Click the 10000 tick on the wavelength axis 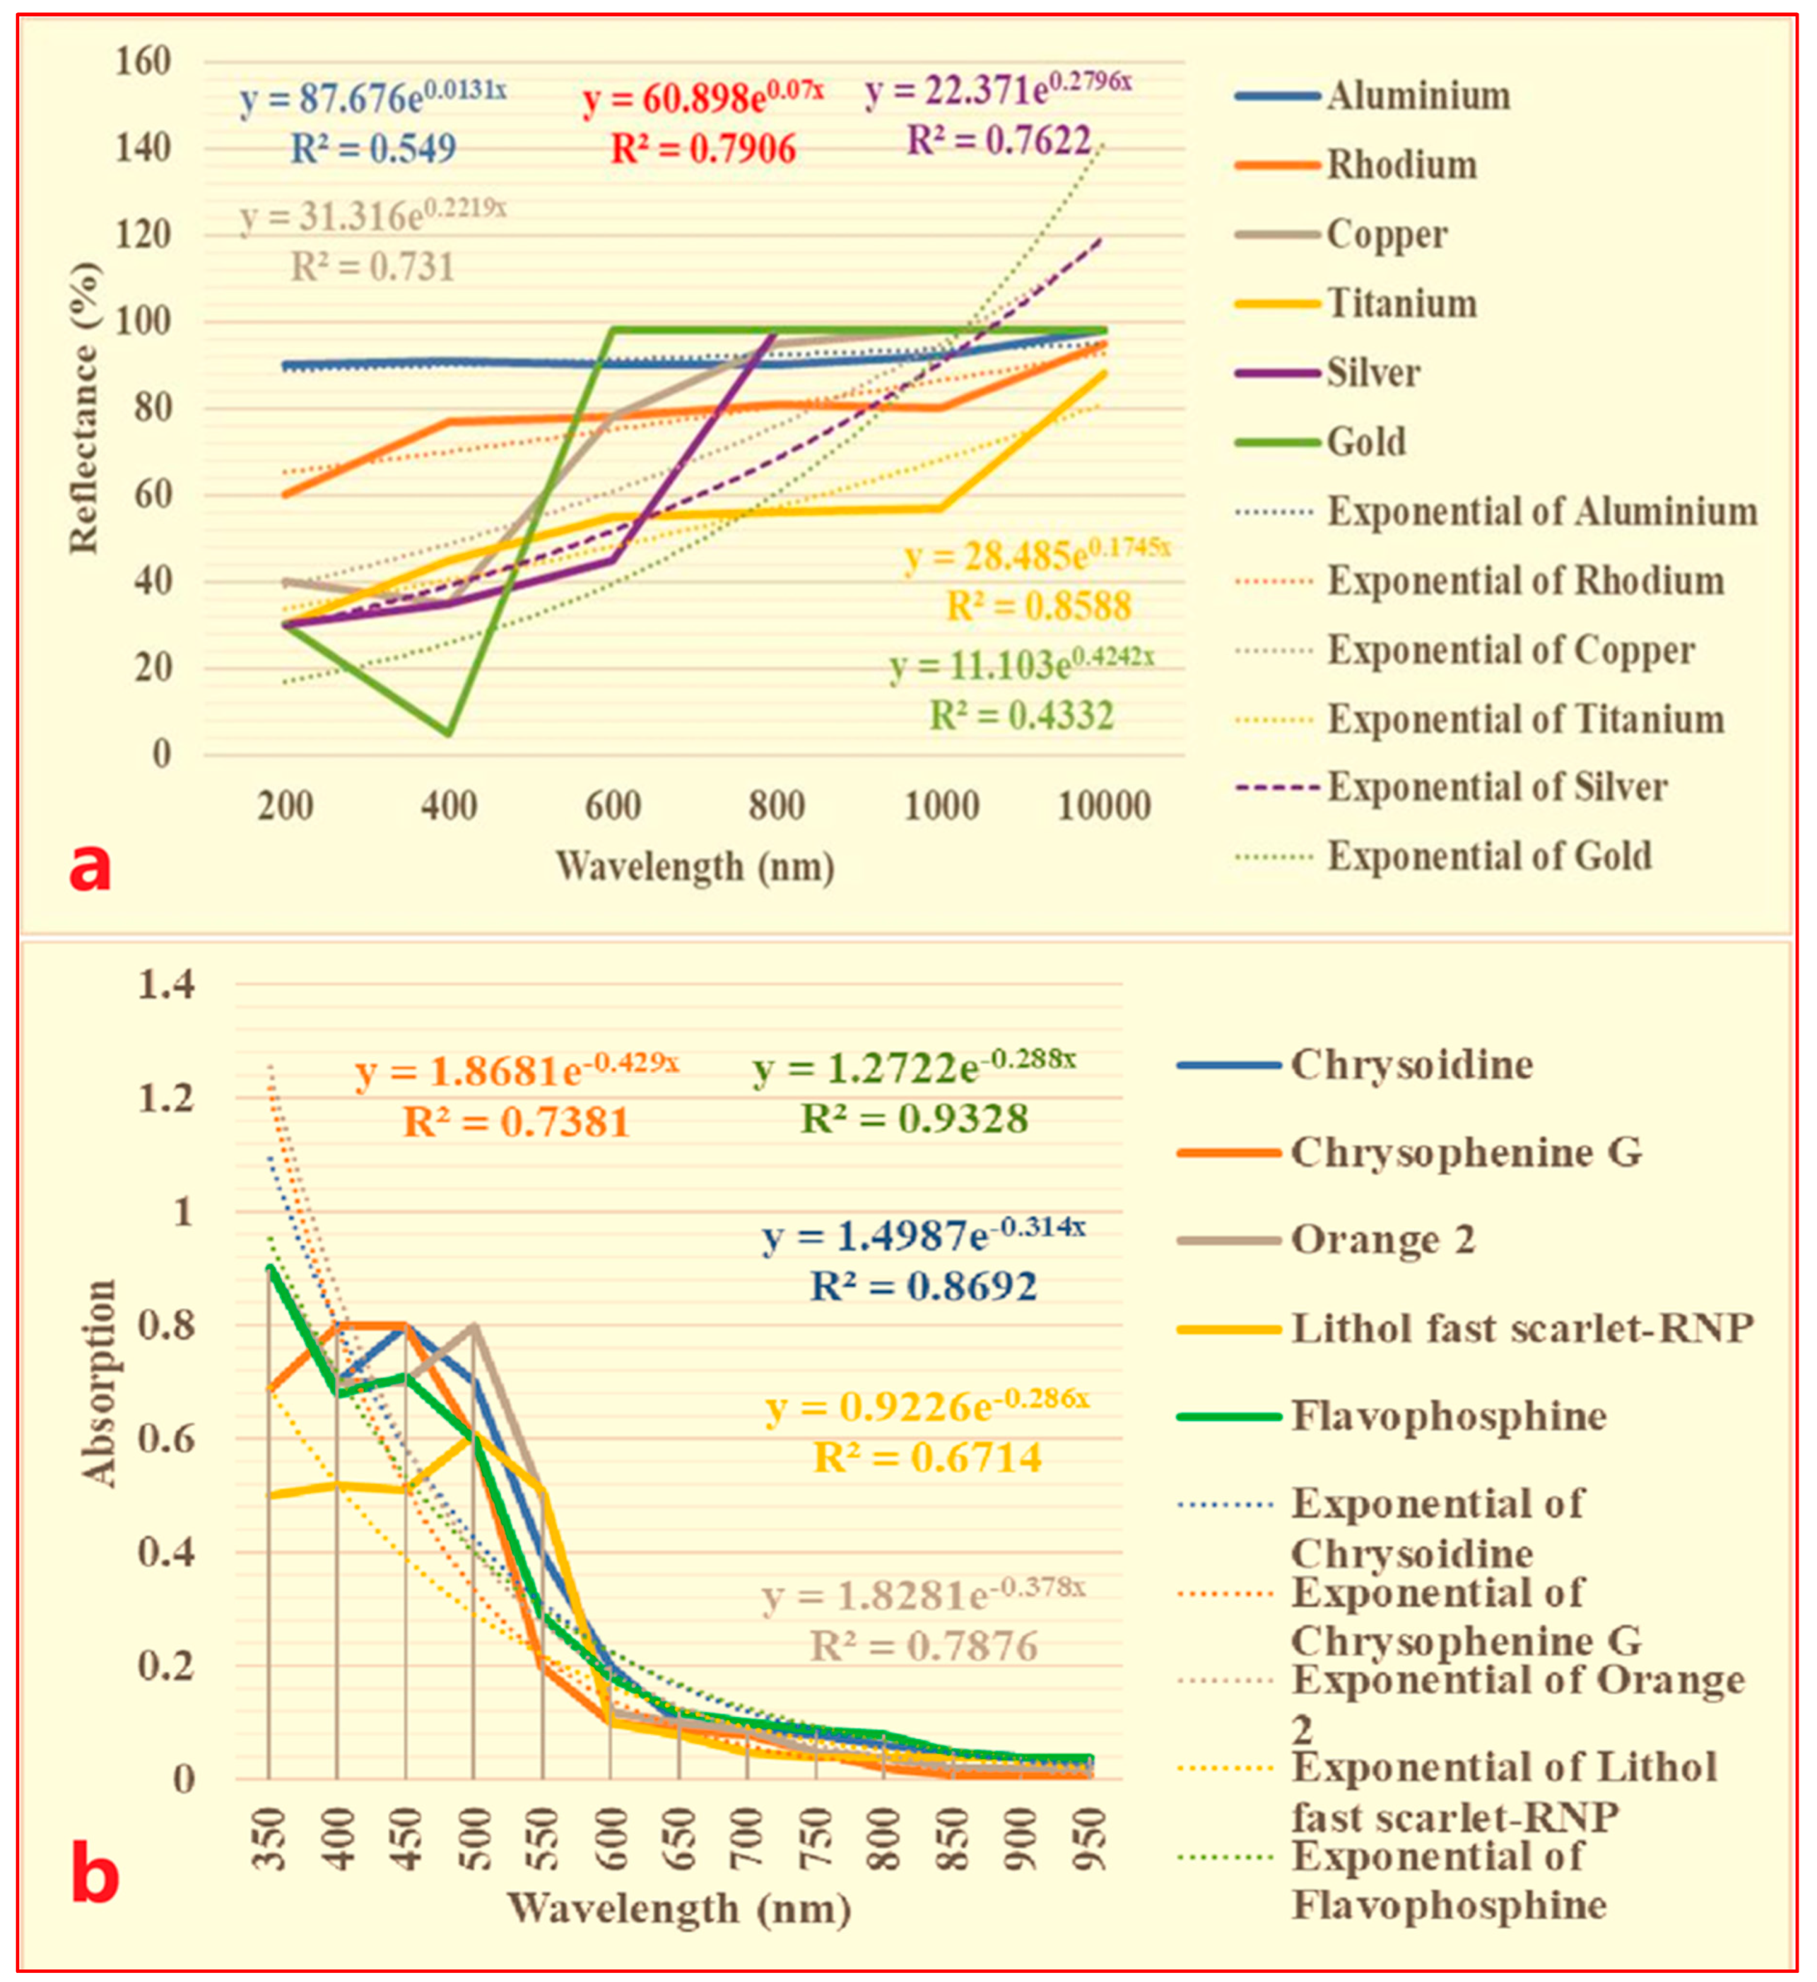1103,806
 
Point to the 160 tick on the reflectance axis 143,62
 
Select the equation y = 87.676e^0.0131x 374,98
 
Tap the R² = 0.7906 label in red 703,149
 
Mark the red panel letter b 95,1876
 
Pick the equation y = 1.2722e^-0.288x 915,1067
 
